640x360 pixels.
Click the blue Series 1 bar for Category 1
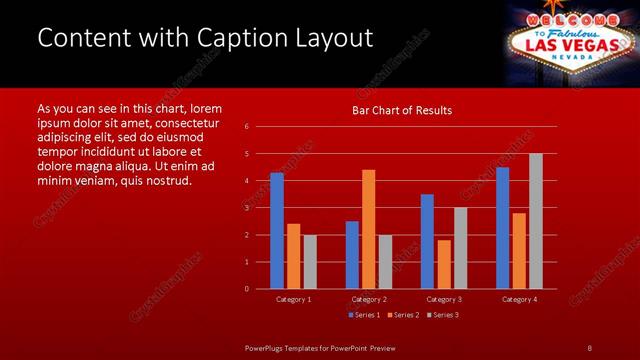pyautogui.click(x=277, y=231)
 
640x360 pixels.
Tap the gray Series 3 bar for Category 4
pyautogui.click(x=536, y=221)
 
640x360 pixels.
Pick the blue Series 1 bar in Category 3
pyautogui.click(x=427, y=241)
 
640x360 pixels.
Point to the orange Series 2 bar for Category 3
pyautogui.click(x=444, y=264)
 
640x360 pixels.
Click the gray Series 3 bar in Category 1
pyautogui.click(x=310, y=262)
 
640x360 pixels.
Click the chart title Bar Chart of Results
pyautogui.click(x=402, y=110)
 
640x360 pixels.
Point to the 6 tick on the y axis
pyautogui.click(x=247, y=127)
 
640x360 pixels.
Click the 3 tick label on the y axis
pyautogui.click(x=247, y=208)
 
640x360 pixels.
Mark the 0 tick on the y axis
pyautogui.click(x=247, y=289)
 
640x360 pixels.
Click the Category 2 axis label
pyautogui.click(x=369, y=299)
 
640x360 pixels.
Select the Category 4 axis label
pyautogui.click(x=519, y=299)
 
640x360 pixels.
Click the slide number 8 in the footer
pyautogui.click(x=589, y=347)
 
